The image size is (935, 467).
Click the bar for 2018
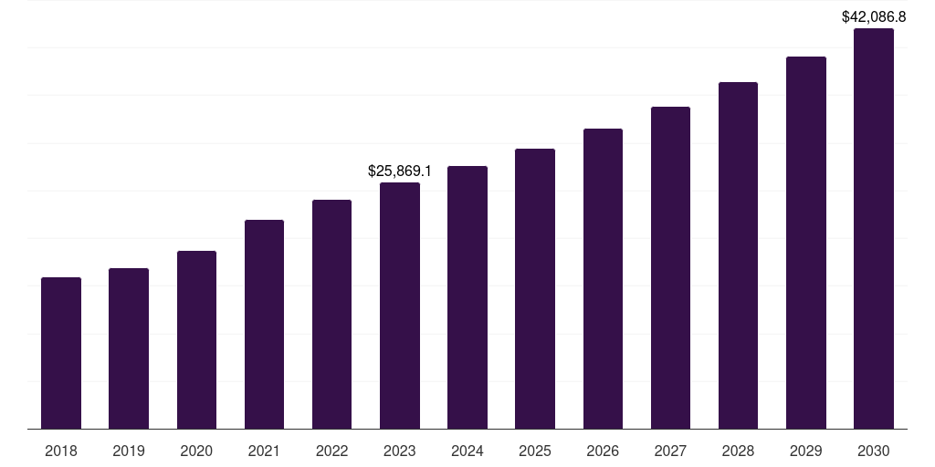coord(61,353)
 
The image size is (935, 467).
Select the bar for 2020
coord(196,339)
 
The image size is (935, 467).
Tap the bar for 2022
coord(331,314)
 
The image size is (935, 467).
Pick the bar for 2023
coord(400,306)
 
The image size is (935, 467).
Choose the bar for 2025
coord(535,288)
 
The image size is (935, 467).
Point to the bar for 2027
coord(670,267)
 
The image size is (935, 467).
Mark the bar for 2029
coord(806,243)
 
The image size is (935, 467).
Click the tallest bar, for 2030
coord(874,228)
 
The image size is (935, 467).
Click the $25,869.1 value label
coord(400,171)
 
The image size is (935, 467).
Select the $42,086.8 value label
coord(874,16)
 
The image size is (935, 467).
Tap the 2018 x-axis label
coord(61,451)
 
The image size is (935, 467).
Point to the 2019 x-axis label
coord(129,451)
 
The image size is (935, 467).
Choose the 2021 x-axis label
coord(264,451)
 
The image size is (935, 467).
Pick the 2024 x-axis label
coord(467,451)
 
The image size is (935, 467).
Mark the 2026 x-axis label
coord(603,451)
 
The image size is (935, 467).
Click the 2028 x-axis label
coord(738,451)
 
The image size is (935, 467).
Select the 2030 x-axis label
coord(874,451)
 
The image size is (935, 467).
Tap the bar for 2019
coord(129,348)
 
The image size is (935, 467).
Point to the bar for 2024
coord(467,297)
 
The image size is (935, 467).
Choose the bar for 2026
coord(603,278)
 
